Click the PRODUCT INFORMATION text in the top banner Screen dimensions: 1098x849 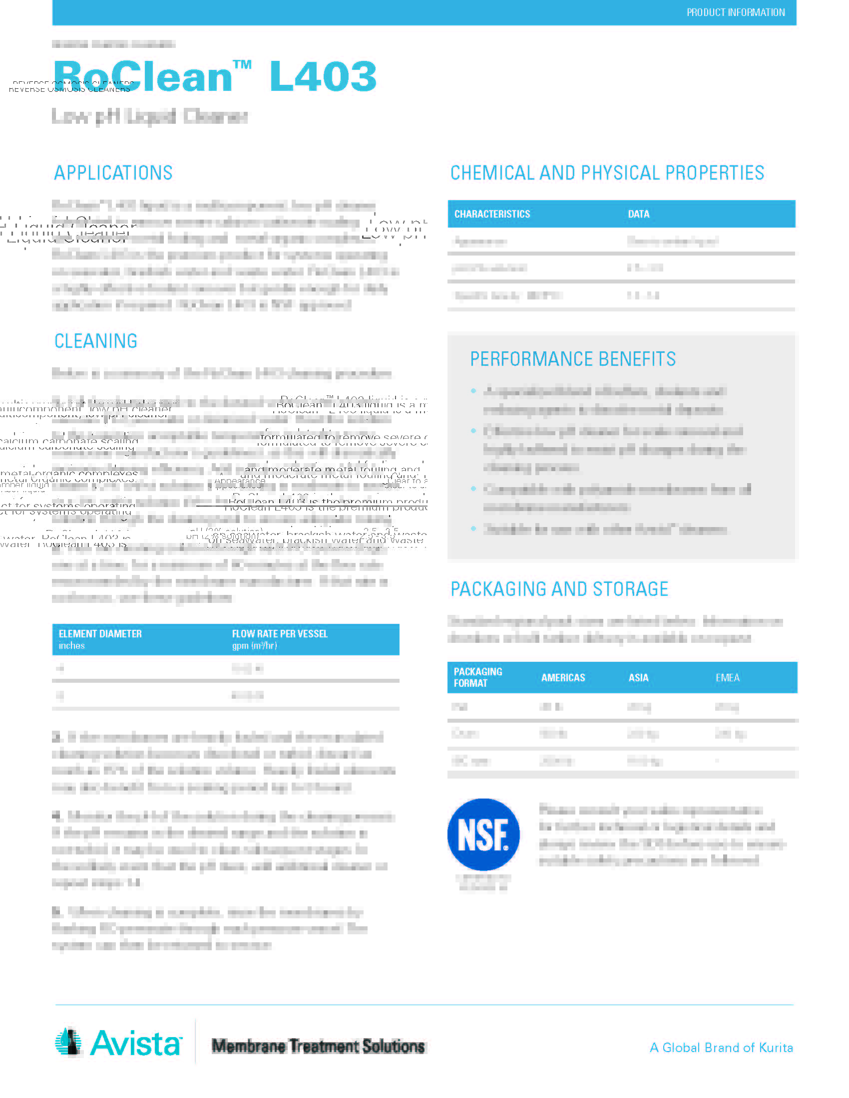(735, 12)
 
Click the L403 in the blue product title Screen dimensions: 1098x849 (323, 77)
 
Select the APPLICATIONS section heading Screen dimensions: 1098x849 (113, 173)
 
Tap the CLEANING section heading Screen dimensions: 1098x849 (95, 341)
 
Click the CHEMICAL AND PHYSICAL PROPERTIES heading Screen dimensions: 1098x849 (607, 173)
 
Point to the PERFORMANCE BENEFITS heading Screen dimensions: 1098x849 (572, 359)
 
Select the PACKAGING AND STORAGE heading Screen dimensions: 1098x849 (559, 589)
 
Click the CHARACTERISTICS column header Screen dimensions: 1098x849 (492, 214)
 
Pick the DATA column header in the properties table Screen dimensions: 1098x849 (638, 214)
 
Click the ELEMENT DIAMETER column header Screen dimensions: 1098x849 (100, 634)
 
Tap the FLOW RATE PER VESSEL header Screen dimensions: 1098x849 (280, 634)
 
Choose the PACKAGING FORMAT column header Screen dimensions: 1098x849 (477, 677)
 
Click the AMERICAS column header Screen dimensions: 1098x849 (563, 678)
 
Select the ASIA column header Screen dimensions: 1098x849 (638, 678)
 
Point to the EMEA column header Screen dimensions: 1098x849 (727, 678)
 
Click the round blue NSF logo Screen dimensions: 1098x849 (483, 834)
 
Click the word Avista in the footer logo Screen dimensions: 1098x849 (136, 1044)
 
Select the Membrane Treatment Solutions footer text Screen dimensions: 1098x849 (318, 1046)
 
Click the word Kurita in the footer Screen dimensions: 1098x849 (776, 1048)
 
